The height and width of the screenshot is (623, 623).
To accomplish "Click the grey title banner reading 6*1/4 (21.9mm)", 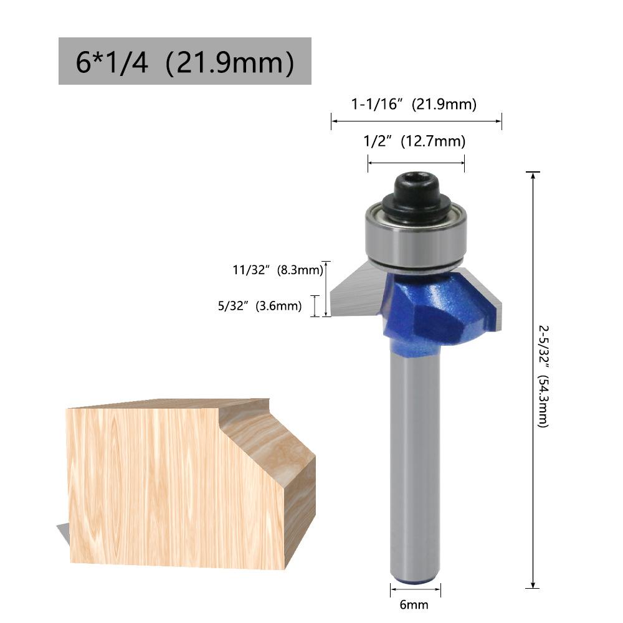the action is [x=185, y=61].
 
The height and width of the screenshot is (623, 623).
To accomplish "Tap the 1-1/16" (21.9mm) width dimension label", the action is [x=414, y=104].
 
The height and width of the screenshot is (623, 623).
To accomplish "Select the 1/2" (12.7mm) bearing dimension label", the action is [x=414, y=141].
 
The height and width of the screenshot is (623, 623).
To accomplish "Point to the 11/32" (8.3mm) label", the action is [x=278, y=270].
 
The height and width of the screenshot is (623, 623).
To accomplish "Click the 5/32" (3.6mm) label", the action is [x=260, y=305].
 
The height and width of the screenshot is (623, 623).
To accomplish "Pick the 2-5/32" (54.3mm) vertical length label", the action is [x=543, y=377].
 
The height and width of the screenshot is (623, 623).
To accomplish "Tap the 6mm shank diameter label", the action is [x=414, y=605].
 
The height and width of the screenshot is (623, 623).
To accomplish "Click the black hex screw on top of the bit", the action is [x=416, y=194].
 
